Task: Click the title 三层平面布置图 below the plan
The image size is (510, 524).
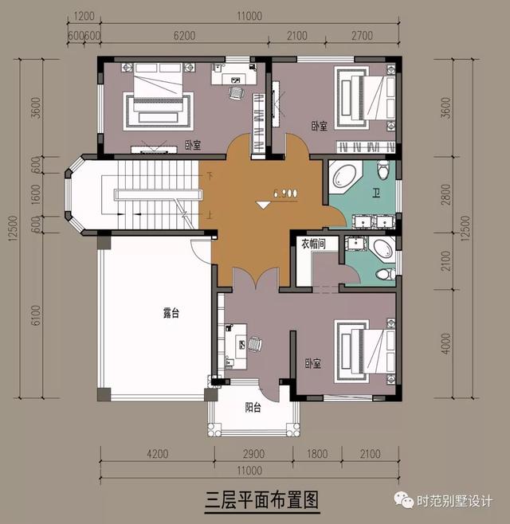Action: pyautogui.click(x=261, y=500)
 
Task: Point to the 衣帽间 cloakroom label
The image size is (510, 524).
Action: pyautogui.click(x=312, y=244)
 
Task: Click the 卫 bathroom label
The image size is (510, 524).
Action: pyautogui.click(x=376, y=193)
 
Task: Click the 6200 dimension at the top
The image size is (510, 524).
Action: pyautogui.click(x=183, y=36)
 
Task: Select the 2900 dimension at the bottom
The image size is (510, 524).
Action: pyautogui.click(x=252, y=456)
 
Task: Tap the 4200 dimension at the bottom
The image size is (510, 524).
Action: pyautogui.click(x=156, y=456)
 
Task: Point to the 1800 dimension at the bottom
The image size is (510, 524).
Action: pyautogui.click(x=316, y=456)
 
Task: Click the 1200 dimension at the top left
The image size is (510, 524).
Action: pyautogui.click(x=86, y=17)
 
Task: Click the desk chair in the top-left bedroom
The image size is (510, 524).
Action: pyautogui.click(x=236, y=92)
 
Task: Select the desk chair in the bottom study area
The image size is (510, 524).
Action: pyautogui.click(x=254, y=345)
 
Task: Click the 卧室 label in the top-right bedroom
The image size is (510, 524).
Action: pyautogui.click(x=320, y=126)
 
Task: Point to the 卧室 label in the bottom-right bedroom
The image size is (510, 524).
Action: pyautogui.click(x=312, y=364)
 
